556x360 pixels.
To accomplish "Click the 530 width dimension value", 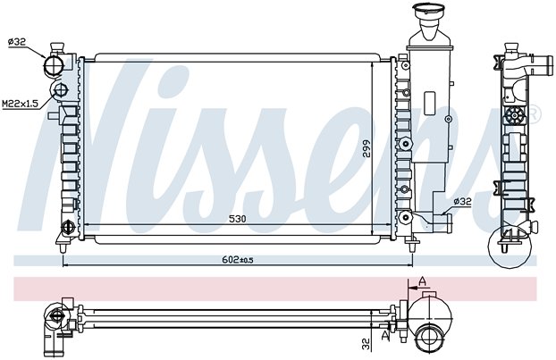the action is pyautogui.click(x=237, y=219).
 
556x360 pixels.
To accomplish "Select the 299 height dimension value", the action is pyautogui.click(x=366, y=148).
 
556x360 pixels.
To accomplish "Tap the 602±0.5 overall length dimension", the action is pyautogui.click(x=237, y=260).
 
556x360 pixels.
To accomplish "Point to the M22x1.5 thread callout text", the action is pyautogui.click(x=20, y=104).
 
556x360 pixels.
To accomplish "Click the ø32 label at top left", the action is pyautogui.click(x=17, y=42).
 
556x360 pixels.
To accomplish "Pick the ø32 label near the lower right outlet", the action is pyautogui.click(x=462, y=201).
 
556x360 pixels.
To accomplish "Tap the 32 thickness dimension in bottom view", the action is pyautogui.click(x=366, y=343).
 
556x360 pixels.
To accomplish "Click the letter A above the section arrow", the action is pyautogui.click(x=422, y=281).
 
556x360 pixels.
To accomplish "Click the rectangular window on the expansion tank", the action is pyautogui.click(x=429, y=103).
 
